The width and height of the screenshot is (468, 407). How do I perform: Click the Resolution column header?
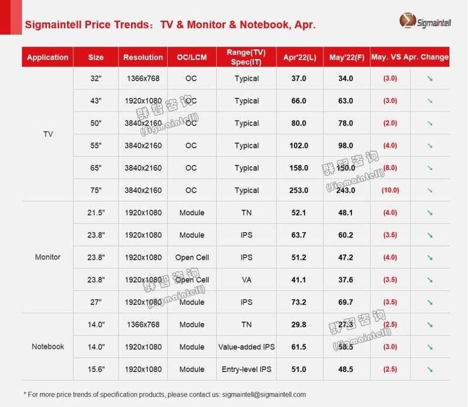click(143, 57)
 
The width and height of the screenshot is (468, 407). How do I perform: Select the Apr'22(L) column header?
click(299, 57)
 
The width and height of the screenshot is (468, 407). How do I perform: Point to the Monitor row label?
click(48, 257)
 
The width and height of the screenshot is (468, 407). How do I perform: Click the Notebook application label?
click(48, 347)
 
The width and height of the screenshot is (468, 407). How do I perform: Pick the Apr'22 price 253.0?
click(299, 191)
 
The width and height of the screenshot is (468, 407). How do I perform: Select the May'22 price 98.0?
click(346, 146)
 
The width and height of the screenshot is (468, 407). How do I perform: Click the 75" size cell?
click(96, 191)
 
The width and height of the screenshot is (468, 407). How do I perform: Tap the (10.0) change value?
click(390, 191)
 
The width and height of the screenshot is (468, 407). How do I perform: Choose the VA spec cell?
click(246, 280)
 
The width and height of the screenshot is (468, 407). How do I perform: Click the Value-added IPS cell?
click(246, 347)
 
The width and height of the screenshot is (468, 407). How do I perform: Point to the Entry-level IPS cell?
click(246, 370)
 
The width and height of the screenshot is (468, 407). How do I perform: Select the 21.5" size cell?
click(96, 213)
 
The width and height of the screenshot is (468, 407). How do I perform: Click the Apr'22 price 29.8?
click(299, 325)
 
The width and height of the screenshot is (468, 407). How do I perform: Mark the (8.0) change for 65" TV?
click(390, 168)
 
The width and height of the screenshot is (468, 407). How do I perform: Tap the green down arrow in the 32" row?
click(430, 78)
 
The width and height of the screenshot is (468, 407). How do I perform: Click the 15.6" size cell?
click(96, 370)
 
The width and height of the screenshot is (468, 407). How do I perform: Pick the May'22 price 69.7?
click(346, 302)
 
